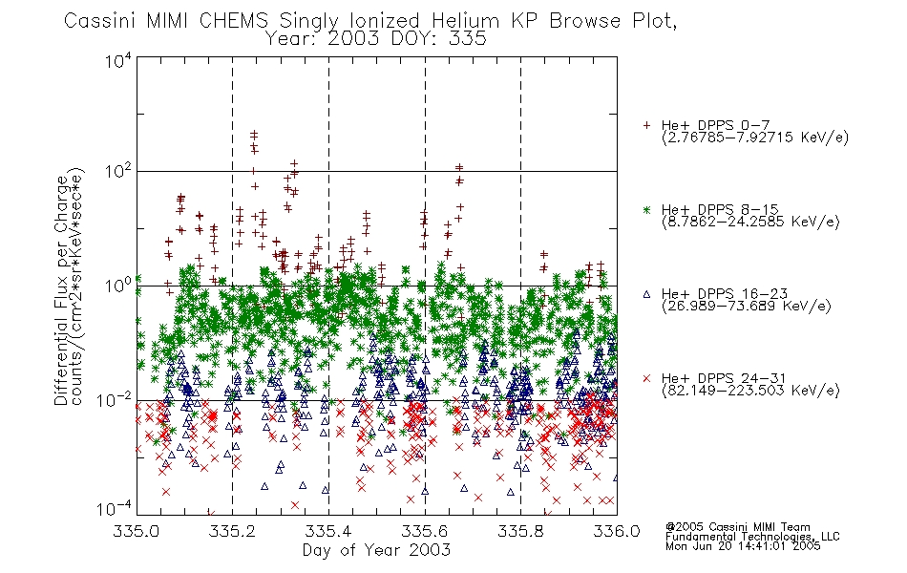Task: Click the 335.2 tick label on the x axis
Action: click(x=233, y=531)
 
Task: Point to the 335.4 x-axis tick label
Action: click(x=328, y=531)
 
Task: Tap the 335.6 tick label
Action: click(x=425, y=531)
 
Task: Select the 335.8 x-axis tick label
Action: click(x=520, y=531)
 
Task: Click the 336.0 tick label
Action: click(x=617, y=531)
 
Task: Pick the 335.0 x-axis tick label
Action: click(x=137, y=531)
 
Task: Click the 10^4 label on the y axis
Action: click(x=118, y=60)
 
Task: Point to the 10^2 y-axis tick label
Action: click(x=118, y=171)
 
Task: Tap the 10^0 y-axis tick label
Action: click(x=118, y=286)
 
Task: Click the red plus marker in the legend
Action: click(x=646, y=125)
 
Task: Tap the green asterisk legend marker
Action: click(x=646, y=209)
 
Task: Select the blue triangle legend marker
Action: click(x=646, y=294)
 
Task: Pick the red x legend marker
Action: click(x=646, y=378)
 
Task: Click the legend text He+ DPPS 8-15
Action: click(x=720, y=209)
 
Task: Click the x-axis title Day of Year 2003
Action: click(x=376, y=550)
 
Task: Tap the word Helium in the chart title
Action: click(x=465, y=20)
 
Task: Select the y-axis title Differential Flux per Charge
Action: click(x=61, y=290)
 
